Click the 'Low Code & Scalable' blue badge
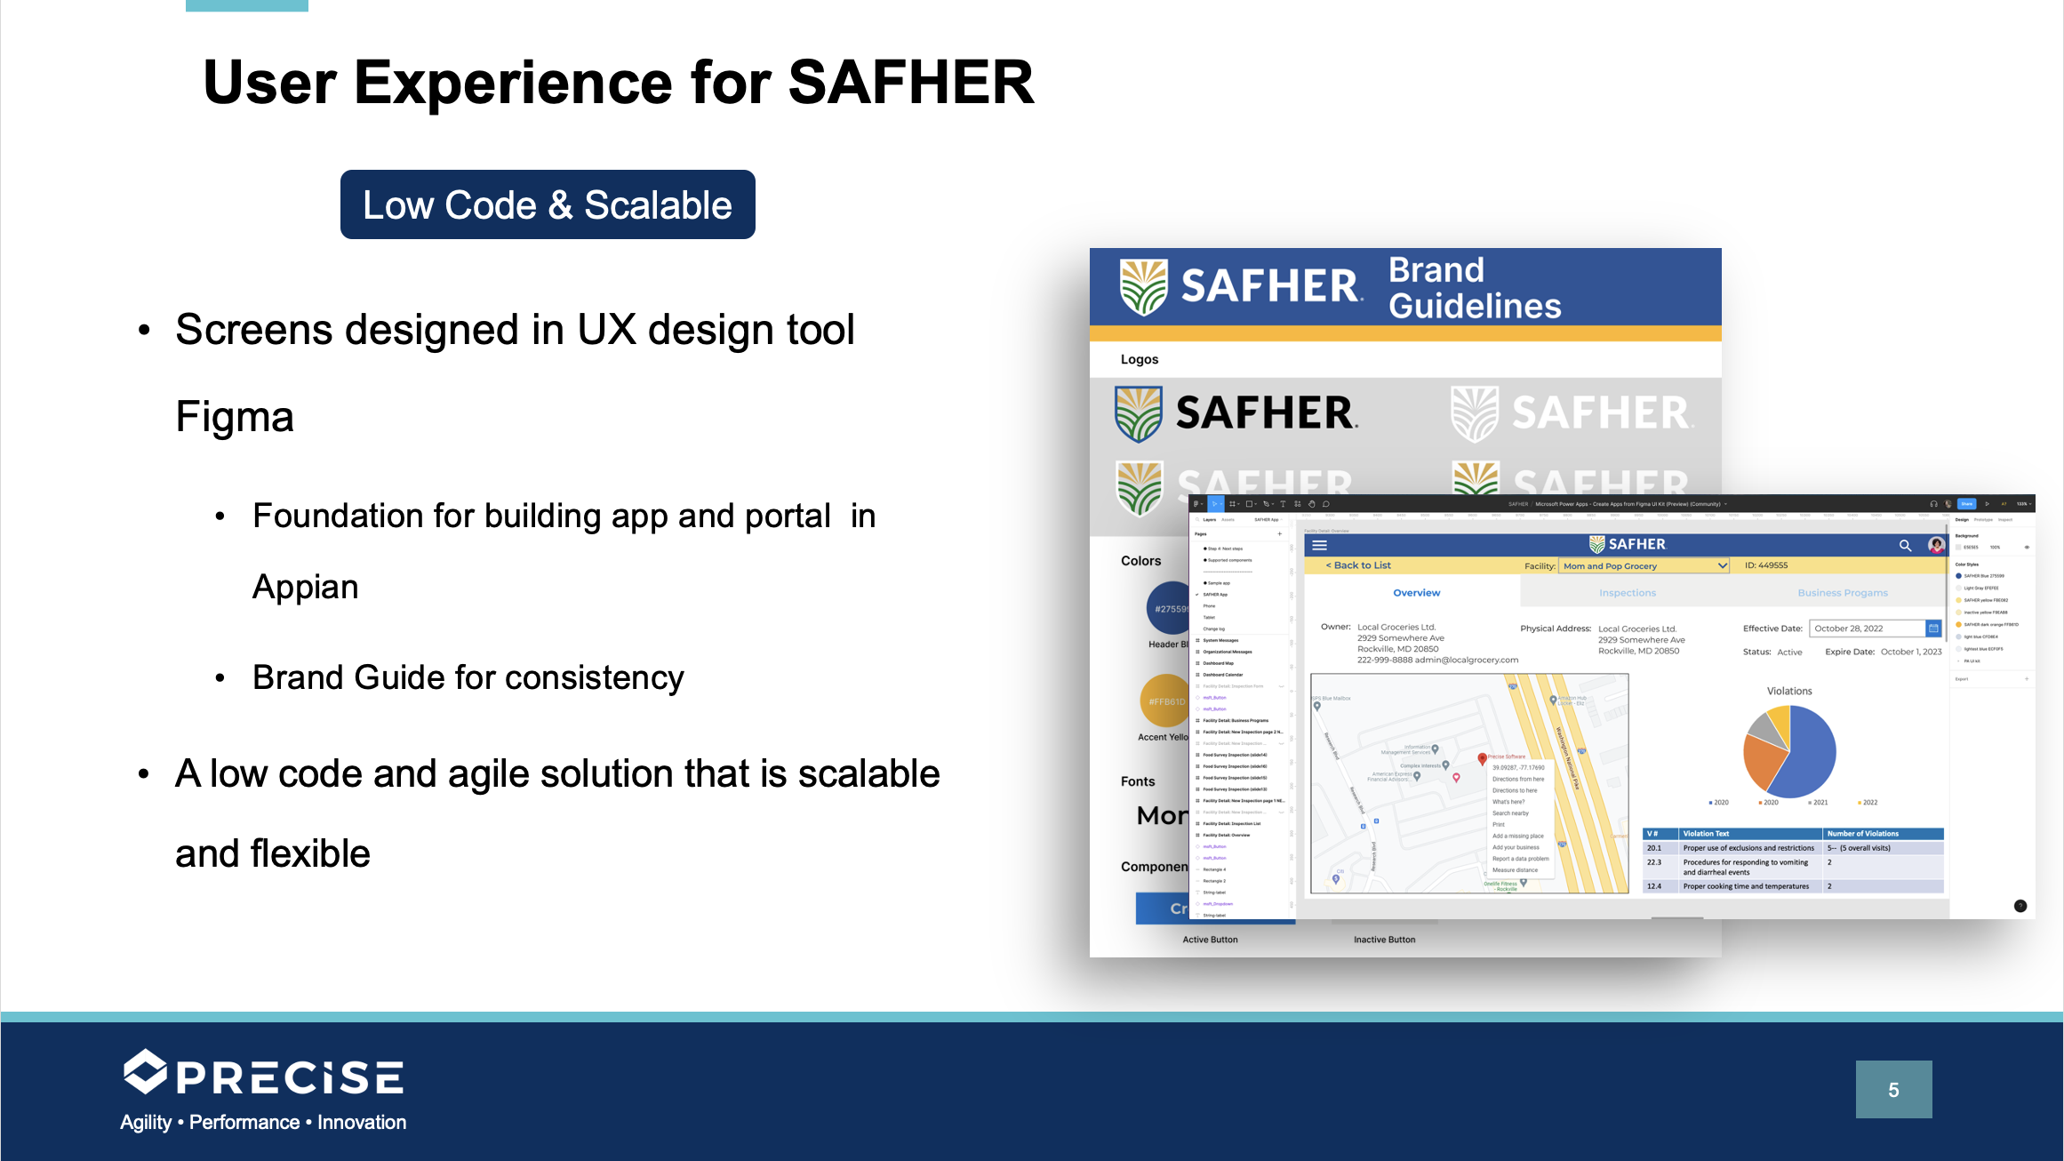click(548, 205)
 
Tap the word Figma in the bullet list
click(235, 417)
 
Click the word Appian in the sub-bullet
click(305, 588)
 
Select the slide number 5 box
click(1893, 1089)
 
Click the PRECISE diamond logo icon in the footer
click(145, 1072)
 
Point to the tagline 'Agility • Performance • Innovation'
click(263, 1123)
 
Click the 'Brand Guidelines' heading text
click(1474, 288)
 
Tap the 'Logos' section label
click(1139, 359)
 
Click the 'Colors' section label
click(1140, 561)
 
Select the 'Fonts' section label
click(1138, 781)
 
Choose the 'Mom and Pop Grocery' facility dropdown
click(1643, 566)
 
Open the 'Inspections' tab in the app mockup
click(1627, 593)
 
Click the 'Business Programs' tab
click(1842, 593)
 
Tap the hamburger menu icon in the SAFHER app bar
click(1319, 545)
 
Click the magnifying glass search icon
click(1904, 545)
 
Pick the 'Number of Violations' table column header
click(1862, 834)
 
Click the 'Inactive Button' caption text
click(1384, 940)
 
